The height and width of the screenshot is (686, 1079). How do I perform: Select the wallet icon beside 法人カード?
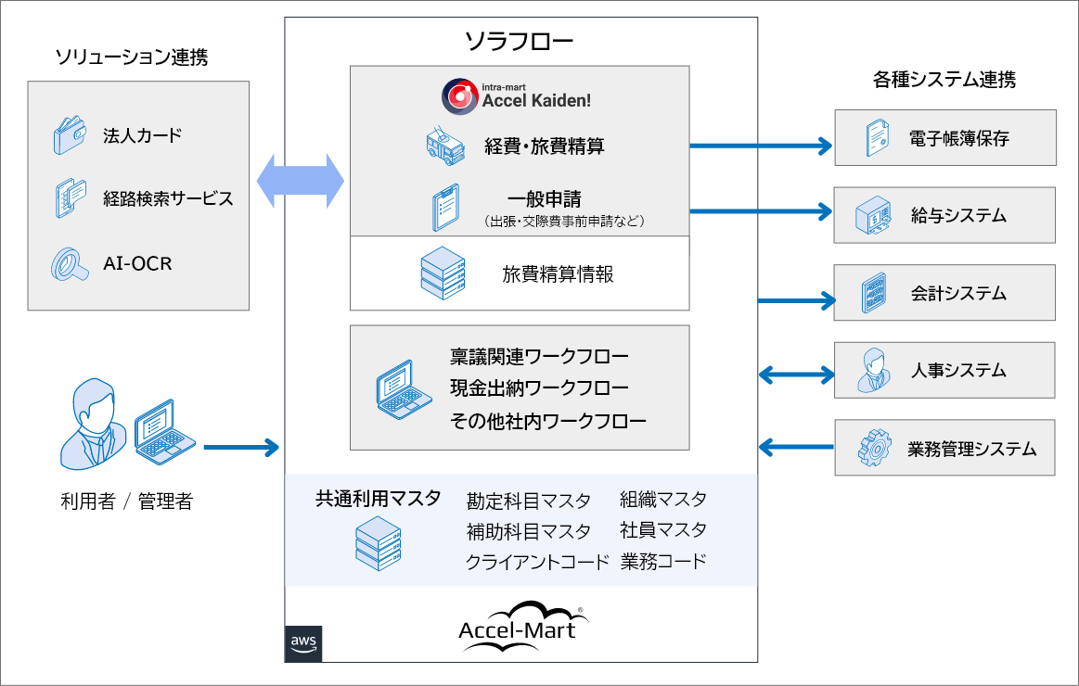point(69,137)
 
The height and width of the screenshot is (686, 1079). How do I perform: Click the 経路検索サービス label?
point(167,198)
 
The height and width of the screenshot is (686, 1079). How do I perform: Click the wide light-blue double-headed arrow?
point(300,182)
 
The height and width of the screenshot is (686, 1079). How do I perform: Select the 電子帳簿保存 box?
point(944,138)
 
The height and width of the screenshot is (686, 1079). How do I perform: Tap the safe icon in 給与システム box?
point(873,217)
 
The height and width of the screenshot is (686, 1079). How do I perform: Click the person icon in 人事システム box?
point(873,371)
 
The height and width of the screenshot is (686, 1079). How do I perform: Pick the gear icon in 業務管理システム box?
point(873,449)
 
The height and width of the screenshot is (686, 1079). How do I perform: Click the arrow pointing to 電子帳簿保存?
point(760,146)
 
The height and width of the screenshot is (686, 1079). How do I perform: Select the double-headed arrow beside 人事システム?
point(796,375)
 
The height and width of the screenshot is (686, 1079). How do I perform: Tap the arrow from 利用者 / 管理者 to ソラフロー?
point(240,448)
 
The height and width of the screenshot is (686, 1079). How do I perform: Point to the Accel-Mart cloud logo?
point(520,623)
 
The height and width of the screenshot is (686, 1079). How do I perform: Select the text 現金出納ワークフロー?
point(539,387)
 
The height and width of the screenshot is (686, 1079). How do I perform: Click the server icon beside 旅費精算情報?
point(443,273)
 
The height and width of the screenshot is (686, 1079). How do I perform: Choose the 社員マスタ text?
point(663,530)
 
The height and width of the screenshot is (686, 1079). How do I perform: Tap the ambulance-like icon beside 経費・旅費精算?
point(444,146)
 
